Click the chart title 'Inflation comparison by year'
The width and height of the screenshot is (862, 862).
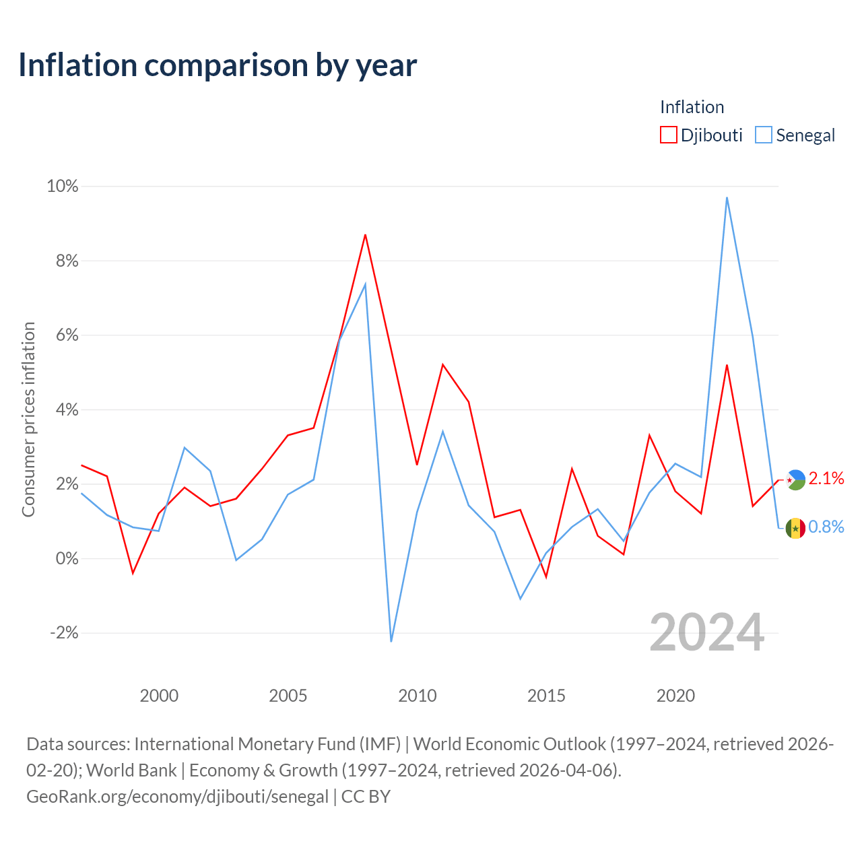coord(218,66)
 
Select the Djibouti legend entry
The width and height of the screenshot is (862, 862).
coord(701,135)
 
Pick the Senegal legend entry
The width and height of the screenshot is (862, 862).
coord(795,135)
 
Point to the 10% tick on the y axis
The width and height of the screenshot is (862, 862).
coord(63,186)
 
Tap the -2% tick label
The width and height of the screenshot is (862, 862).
coord(65,633)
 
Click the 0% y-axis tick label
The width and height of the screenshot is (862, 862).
coord(67,558)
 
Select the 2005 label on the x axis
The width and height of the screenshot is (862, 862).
coord(288,696)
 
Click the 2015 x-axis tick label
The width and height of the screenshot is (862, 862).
coord(546,696)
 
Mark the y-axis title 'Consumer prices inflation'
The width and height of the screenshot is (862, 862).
coord(29,420)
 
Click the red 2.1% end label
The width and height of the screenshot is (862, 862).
coord(826,478)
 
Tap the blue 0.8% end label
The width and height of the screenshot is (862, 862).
coord(826,527)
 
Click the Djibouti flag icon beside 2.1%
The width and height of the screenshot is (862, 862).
coord(795,480)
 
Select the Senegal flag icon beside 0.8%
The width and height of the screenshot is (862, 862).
coord(795,528)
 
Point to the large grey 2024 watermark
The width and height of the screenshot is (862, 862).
coord(707,632)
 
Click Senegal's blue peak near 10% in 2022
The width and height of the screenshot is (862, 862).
coord(727,197)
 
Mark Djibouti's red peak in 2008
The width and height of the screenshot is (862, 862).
coord(366,234)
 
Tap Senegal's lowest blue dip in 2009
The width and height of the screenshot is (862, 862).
coord(391,642)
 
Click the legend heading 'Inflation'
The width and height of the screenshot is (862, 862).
coord(692,107)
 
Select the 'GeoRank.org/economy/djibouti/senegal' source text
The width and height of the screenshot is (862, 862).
coord(178,797)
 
